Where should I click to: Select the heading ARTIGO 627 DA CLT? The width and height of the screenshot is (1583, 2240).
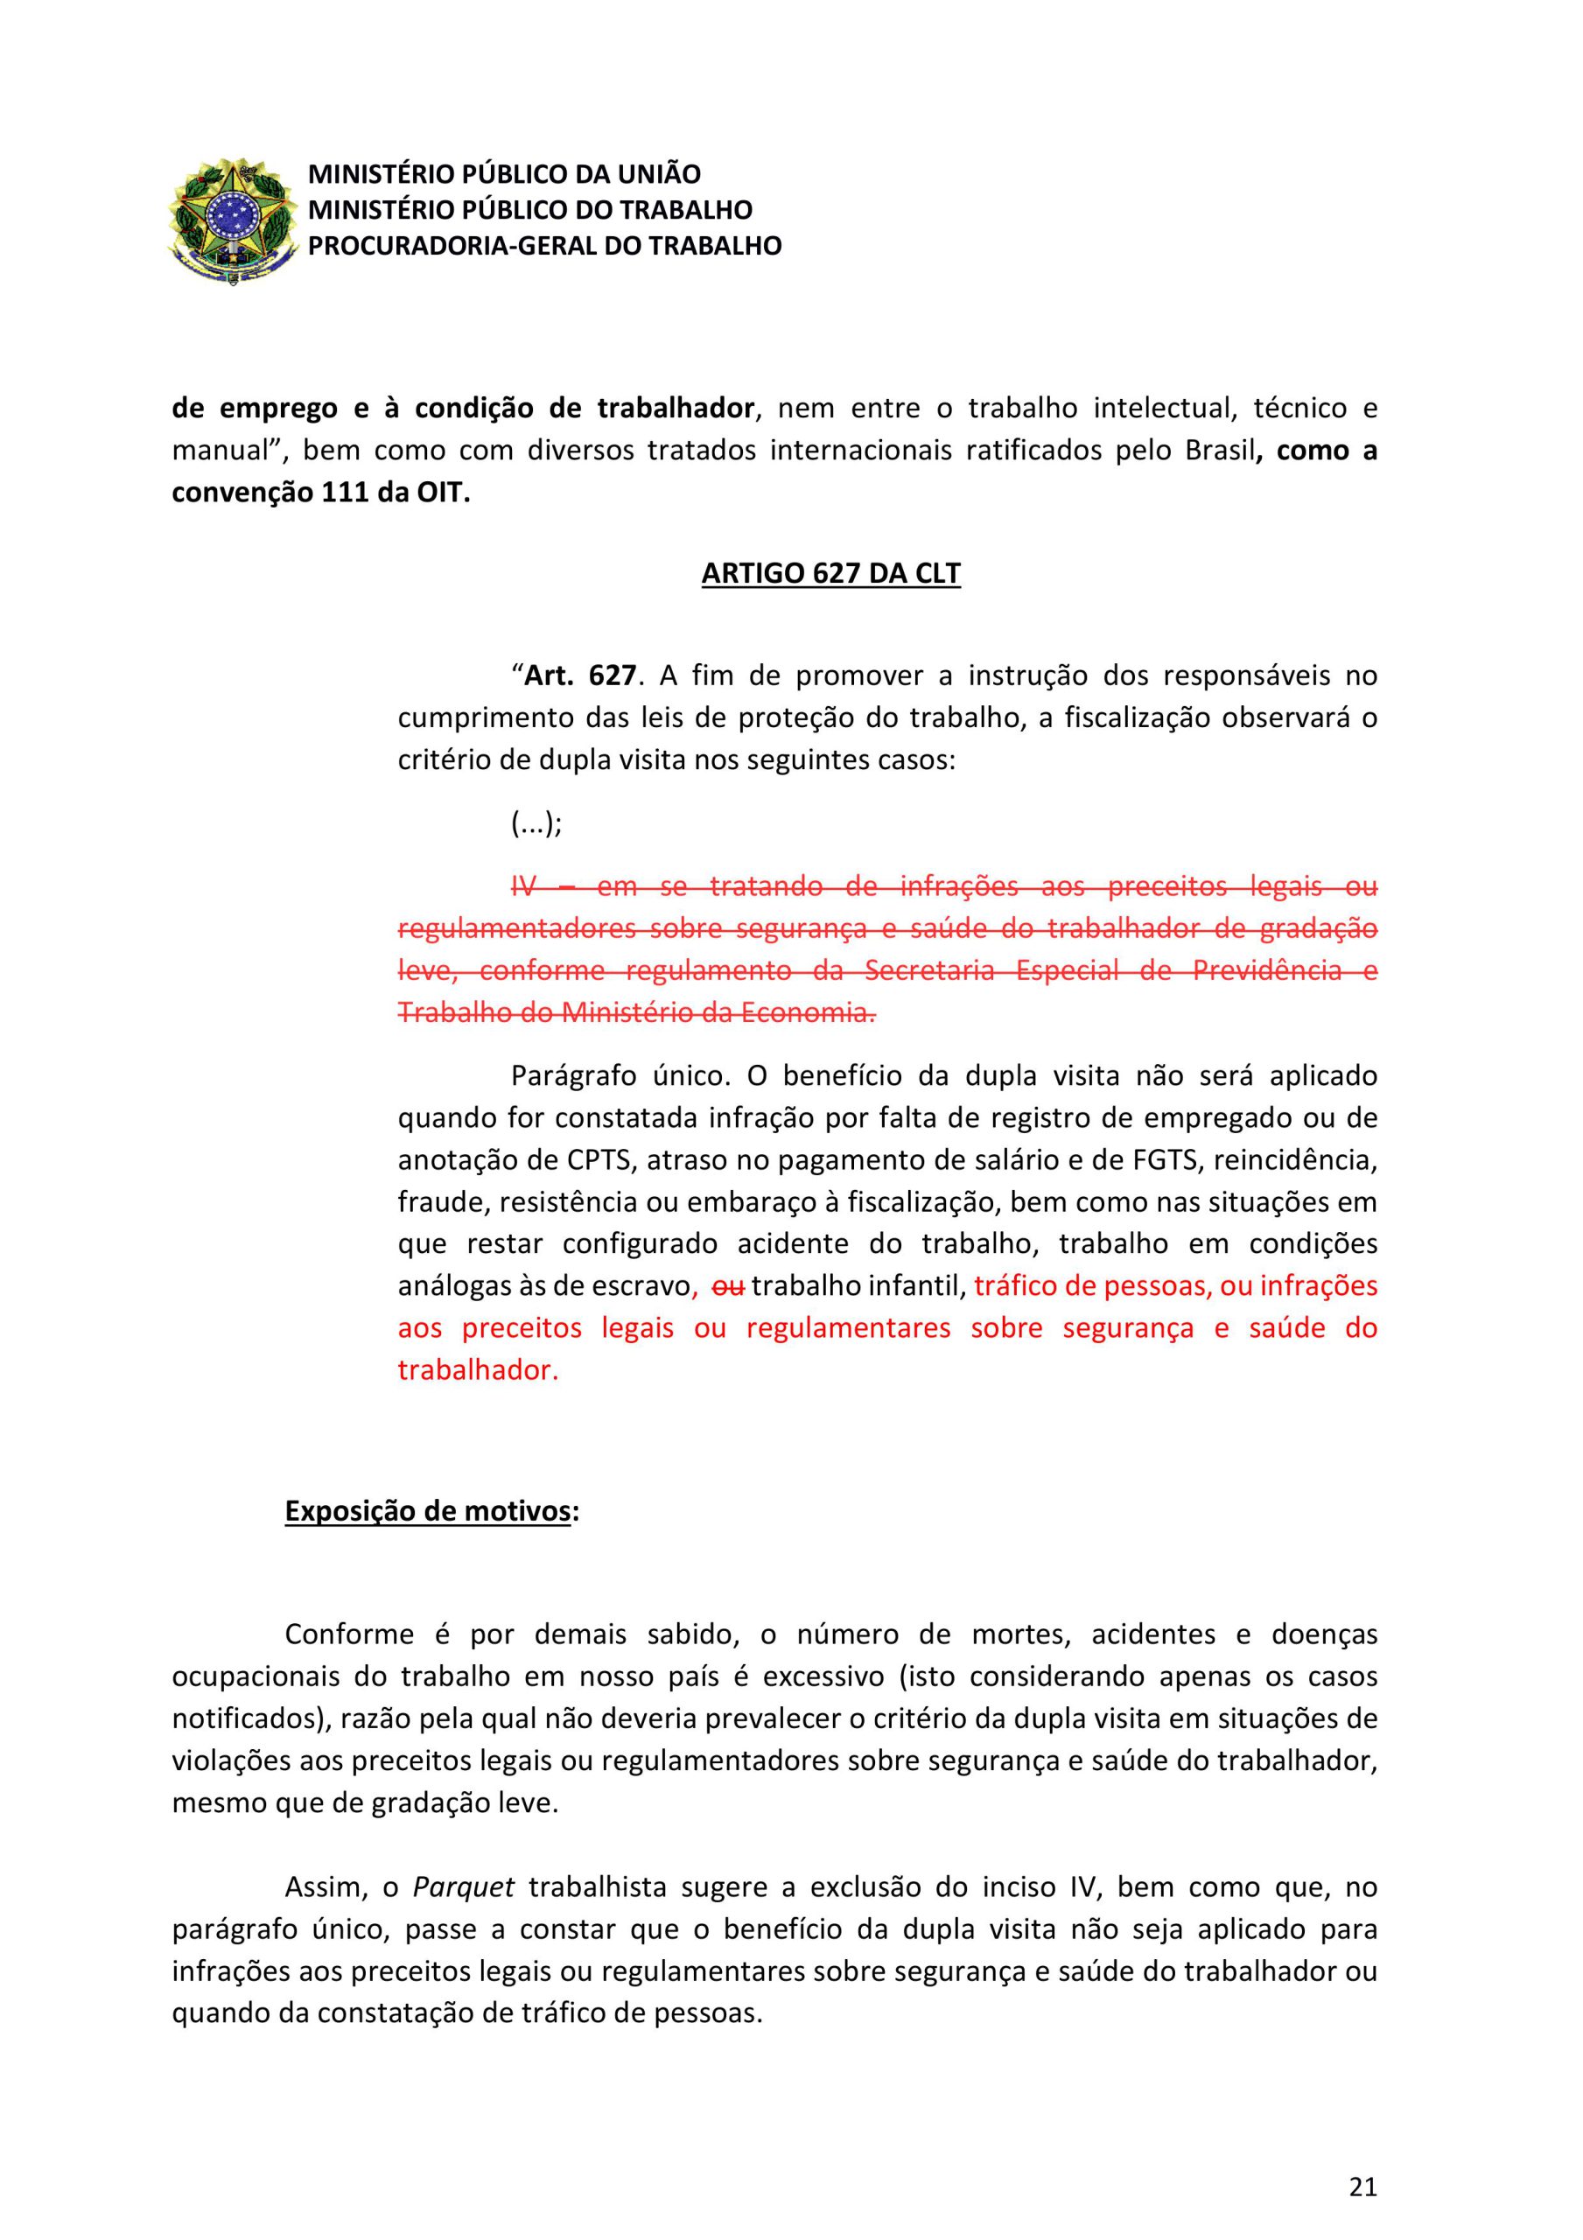click(830, 574)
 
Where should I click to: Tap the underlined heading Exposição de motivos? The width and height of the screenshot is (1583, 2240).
click(427, 1511)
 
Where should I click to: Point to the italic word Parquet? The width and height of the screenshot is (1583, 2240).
click(464, 1886)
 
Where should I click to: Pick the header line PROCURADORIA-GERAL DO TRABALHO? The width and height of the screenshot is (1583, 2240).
click(544, 246)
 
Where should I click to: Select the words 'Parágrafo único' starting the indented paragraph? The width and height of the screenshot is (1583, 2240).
click(620, 1076)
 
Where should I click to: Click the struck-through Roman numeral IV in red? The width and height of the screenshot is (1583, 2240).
click(525, 887)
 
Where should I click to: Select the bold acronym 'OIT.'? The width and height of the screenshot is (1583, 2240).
click(444, 493)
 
